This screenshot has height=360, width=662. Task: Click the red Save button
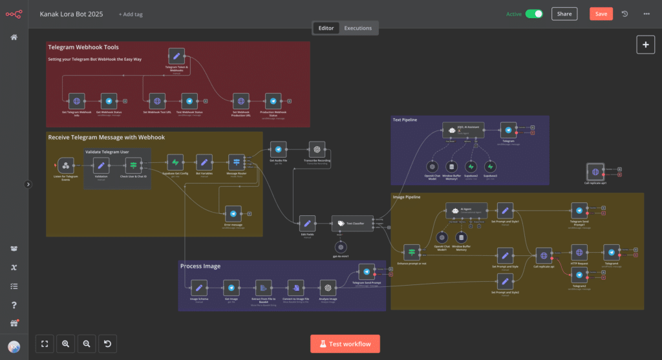(601, 14)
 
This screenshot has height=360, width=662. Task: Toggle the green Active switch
(534, 14)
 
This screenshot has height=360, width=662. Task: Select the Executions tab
(358, 28)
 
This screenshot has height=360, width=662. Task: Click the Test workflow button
(345, 343)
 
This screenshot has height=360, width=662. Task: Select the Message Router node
(236, 162)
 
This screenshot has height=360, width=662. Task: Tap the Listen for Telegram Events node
(65, 164)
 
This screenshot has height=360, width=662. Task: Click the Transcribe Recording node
(317, 149)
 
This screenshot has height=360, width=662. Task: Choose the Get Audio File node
(278, 149)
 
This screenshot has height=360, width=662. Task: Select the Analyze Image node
(328, 288)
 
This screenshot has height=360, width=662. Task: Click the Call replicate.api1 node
(595, 171)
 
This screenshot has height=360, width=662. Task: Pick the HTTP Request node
(579, 253)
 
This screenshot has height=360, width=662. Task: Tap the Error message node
(233, 213)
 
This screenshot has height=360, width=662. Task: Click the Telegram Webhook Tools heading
(83, 47)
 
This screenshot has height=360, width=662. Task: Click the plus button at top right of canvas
(645, 45)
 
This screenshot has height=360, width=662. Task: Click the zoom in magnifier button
(65, 344)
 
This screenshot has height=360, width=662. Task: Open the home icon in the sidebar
(14, 37)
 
